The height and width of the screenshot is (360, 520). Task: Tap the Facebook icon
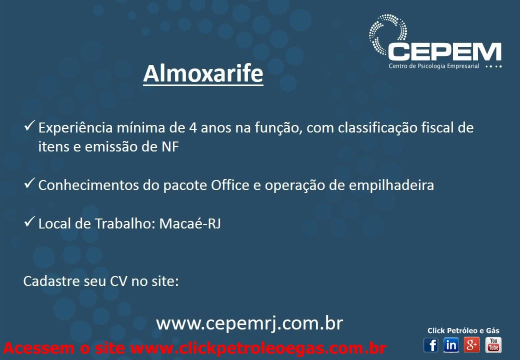431,345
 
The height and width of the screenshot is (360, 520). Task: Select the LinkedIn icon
451,345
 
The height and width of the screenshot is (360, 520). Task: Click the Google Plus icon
472,345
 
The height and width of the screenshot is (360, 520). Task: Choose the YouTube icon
493,345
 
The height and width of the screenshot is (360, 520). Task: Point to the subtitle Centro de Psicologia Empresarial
434,66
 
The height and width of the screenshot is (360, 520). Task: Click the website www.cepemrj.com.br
249,323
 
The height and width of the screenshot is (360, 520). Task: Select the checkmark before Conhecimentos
29,183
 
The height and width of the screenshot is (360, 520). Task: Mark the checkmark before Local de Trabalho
29,221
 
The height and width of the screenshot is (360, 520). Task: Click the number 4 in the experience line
193,128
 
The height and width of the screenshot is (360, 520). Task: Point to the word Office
230,185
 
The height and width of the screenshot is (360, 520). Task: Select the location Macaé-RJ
190,223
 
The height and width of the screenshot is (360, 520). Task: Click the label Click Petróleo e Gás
463,330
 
